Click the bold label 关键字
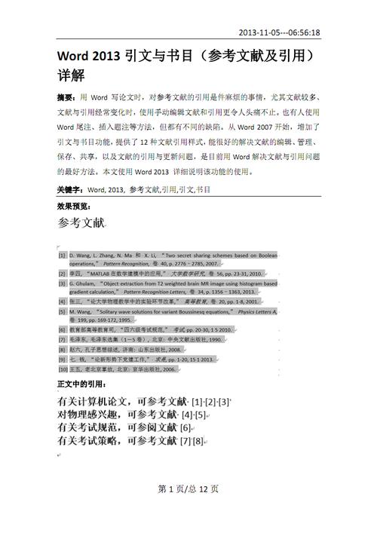[70, 190]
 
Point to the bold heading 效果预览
[72, 205]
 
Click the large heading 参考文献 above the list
[82, 223]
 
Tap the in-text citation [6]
[184, 428]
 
